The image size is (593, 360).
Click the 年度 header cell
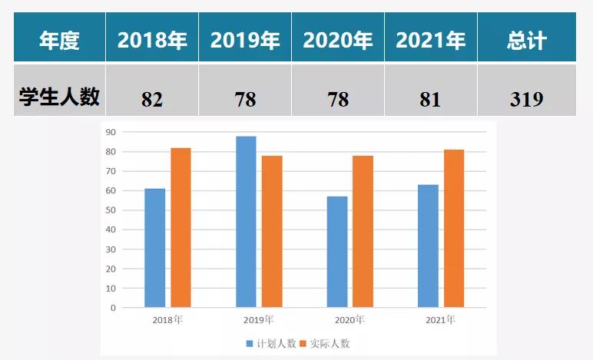59,40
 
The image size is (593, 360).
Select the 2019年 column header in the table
245,40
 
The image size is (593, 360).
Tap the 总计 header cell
527,40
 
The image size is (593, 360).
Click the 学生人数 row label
59,97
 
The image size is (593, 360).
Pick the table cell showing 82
152,100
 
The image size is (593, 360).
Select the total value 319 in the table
527,100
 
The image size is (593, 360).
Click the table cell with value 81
431,100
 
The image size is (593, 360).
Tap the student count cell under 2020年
338,100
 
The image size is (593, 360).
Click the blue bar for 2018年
155,247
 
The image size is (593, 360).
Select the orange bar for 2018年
181,227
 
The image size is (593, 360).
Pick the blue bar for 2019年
246,222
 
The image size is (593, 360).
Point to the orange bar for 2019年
272,231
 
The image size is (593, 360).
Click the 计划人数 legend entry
271,343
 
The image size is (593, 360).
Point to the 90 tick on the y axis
111,132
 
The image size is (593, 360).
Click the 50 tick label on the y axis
111,210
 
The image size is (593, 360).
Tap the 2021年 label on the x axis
440,319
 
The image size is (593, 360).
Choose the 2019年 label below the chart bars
259,319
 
